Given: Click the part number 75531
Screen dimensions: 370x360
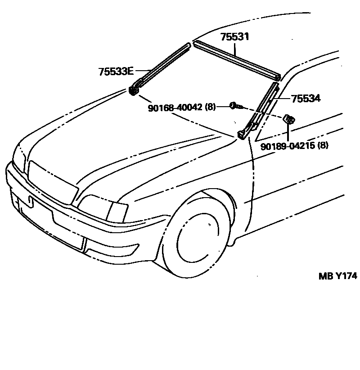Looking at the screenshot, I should pyautogui.click(x=234, y=37).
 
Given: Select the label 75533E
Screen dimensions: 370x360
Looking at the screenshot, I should pyautogui.click(x=116, y=71).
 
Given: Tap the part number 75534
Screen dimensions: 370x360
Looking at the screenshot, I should pyautogui.click(x=306, y=99).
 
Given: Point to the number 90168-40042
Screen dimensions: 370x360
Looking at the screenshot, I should pyautogui.click(x=175, y=107).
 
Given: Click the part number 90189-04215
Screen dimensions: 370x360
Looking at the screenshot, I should pyautogui.click(x=288, y=146).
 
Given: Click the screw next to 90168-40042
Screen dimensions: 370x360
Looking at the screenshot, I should pyautogui.click(x=235, y=106).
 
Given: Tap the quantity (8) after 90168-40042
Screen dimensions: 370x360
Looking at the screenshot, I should pyautogui.click(x=210, y=107).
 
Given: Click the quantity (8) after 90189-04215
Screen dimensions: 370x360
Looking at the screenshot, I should pyautogui.click(x=323, y=146).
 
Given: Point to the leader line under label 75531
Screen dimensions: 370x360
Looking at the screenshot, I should pyautogui.click(x=234, y=48).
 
